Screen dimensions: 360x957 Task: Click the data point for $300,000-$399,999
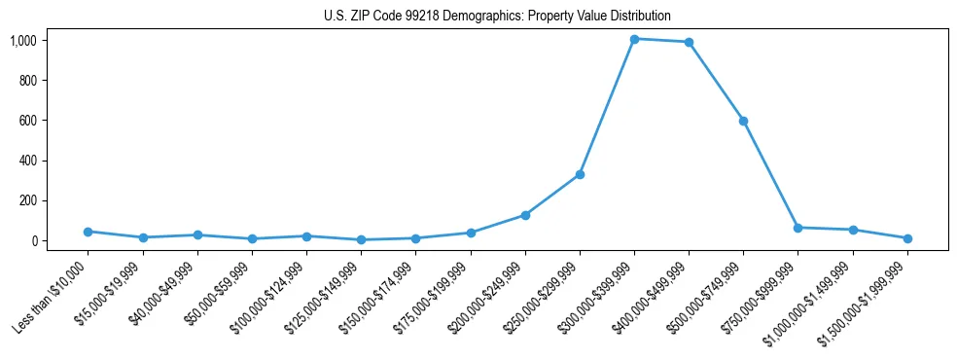[634, 39]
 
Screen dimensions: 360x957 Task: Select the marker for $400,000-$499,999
[689, 42]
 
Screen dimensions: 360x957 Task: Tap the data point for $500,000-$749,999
[743, 121]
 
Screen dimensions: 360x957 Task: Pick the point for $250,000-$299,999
[580, 174]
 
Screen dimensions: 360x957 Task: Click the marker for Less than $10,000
[88, 232]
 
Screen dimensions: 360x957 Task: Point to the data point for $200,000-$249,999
[525, 215]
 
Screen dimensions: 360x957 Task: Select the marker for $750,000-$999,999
[797, 228]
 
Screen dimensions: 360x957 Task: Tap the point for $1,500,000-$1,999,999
[907, 238]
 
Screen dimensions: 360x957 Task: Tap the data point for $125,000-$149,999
[361, 239]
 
